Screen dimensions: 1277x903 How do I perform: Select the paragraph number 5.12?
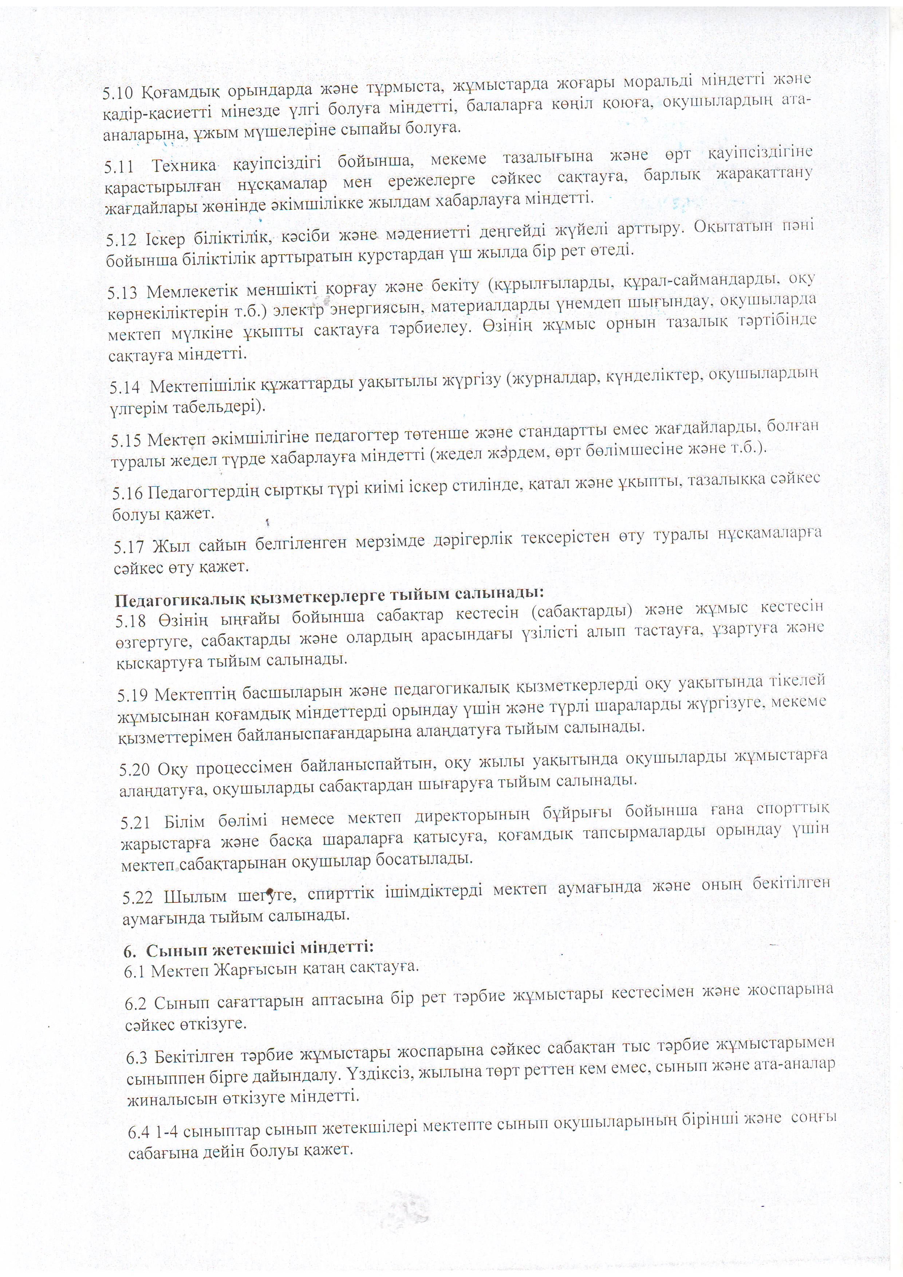point(121,239)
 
